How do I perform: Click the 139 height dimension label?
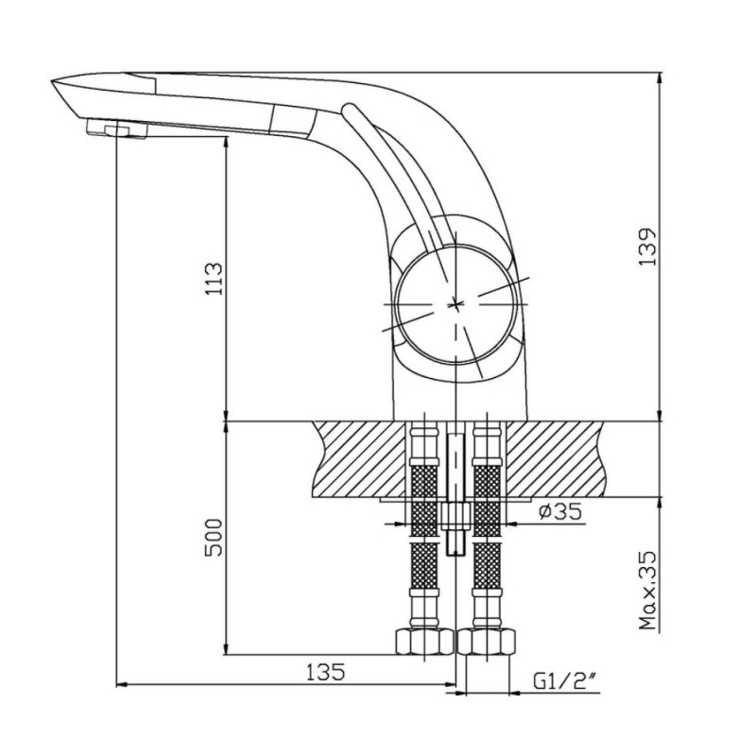(646, 246)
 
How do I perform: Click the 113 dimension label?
(215, 279)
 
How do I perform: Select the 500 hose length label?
(215, 538)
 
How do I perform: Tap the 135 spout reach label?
(326, 672)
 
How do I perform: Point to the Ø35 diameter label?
(560, 511)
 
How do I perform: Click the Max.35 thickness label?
(647, 590)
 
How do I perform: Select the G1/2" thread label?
(564, 680)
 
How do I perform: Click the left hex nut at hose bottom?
(424, 642)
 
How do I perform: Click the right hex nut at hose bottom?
(486, 642)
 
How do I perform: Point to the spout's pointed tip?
(52, 81)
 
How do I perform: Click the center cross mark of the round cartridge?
(455, 304)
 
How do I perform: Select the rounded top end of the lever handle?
(348, 110)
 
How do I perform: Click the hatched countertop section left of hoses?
(360, 459)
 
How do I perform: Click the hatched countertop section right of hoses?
(556, 459)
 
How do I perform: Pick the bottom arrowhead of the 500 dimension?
(226, 648)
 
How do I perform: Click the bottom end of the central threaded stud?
(455, 555)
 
